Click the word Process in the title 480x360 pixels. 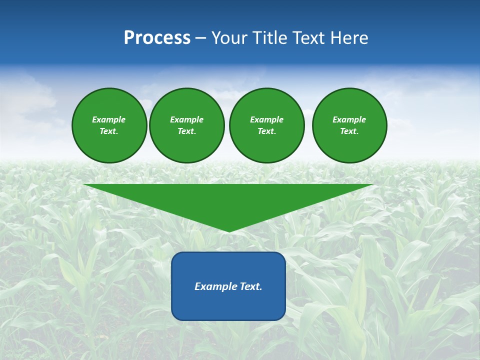tap(157, 38)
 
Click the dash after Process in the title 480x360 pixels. tap(200, 39)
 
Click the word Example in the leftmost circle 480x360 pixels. tap(109, 119)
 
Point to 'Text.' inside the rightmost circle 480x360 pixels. tap(349, 131)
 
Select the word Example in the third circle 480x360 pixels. tap(266, 119)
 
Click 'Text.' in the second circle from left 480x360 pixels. tap(187, 131)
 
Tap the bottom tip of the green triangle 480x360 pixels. tap(228, 230)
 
